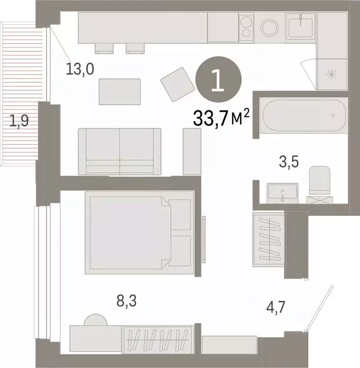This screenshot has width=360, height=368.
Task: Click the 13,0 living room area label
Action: pos(80,70)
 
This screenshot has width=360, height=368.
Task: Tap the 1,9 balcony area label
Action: pos(20,121)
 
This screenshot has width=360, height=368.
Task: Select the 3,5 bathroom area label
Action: pos(289,161)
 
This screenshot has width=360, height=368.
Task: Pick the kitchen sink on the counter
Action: pos(301,26)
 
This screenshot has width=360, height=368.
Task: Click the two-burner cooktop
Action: pos(247,27)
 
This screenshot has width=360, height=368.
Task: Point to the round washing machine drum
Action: pos(270,27)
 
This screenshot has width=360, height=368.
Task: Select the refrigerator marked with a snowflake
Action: pos(331,74)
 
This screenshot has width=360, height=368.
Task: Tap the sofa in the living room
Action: pos(119,151)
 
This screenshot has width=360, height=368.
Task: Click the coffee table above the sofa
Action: pos(120,92)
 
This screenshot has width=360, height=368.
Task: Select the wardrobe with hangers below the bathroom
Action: pos(268,238)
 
